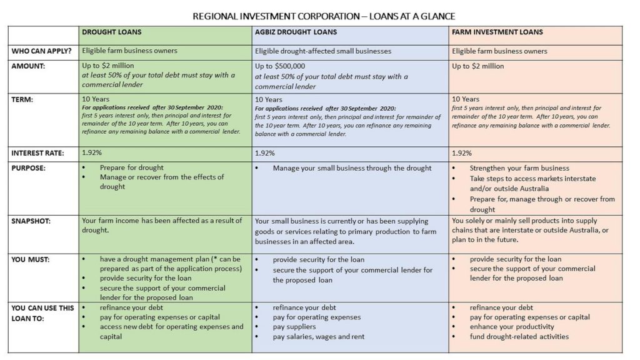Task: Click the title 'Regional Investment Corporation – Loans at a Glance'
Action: (x=319, y=15)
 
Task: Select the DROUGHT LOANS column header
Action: (x=112, y=32)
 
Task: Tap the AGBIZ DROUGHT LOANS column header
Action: (x=296, y=32)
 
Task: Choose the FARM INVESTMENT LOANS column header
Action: (x=497, y=32)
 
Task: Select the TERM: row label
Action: (x=23, y=99)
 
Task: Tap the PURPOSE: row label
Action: (x=29, y=168)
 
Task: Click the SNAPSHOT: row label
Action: (x=32, y=221)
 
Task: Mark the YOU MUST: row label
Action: (x=31, y=259)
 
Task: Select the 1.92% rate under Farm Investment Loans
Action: (x=462, y=153)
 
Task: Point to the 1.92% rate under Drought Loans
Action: (x=92, y=153)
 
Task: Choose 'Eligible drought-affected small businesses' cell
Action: (x=323, y=51)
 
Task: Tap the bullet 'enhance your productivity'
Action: (x=512, y=327)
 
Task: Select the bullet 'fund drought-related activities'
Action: (x=519, y=337)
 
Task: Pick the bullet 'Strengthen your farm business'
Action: (x=519, y=168)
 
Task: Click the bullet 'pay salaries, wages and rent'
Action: (x=318, y=337)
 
